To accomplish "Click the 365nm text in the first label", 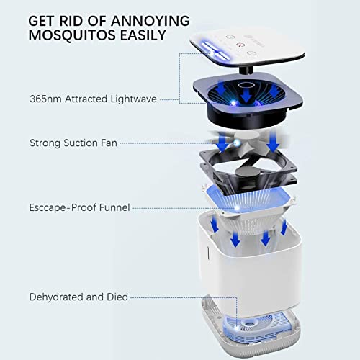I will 45,99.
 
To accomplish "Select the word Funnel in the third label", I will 113,208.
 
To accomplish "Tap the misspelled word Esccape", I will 50,208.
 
